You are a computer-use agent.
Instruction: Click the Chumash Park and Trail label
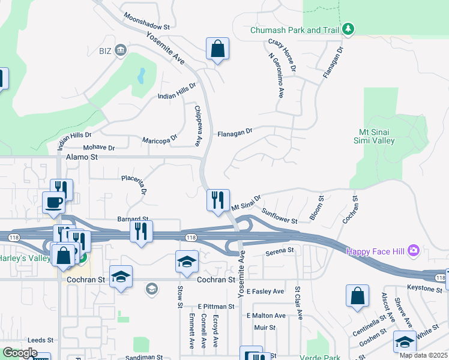click(295, 30)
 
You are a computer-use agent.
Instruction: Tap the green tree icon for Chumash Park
click(348, 29)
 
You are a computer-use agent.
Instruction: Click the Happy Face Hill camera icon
click(413, 250)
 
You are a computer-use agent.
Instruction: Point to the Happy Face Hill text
click(375, 250)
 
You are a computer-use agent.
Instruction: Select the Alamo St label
click(81, 157)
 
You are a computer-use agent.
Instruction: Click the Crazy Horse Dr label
click(282, 56)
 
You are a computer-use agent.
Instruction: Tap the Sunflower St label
click(279, 217)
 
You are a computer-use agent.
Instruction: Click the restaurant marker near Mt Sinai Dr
click(217, 200)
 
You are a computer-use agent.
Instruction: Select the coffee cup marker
click(53, 202)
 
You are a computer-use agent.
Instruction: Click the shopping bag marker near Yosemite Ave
click(217, 49)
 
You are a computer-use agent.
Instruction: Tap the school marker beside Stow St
click(187, 261)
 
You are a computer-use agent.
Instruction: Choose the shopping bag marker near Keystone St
click(357, 296)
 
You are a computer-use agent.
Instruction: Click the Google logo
click(20, 353)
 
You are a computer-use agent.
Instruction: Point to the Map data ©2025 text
click(424, 355)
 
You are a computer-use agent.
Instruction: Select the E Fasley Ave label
click(265, 292)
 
